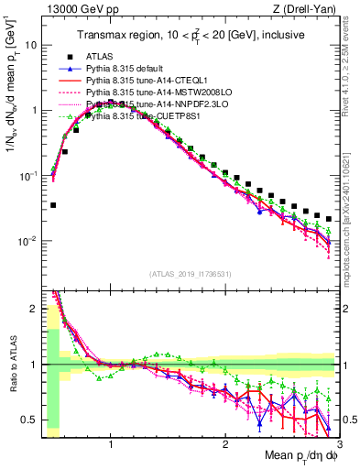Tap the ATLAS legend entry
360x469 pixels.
[x=102, y=57]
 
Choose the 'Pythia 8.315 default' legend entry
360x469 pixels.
[x=129, y=69]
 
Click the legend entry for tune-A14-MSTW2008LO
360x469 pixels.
[x=151, y=93]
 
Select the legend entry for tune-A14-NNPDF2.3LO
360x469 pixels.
[x=150, y=104]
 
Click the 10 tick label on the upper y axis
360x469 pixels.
[x=34, y=45]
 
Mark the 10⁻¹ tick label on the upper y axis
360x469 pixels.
[x=30, y=176]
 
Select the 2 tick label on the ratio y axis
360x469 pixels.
[x=34, y=309]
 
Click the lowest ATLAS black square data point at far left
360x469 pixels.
[x=53, y=205]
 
